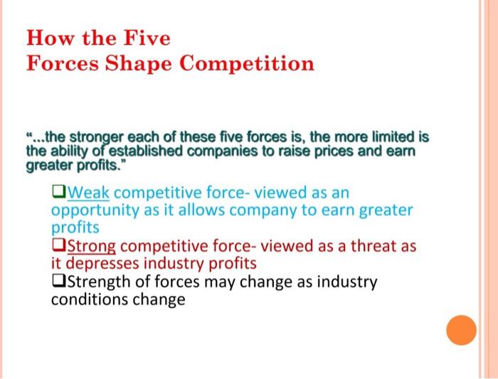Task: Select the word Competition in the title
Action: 247,63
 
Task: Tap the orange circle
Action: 460,330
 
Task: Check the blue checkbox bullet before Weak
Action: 58,193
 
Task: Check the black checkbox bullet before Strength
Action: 58,282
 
